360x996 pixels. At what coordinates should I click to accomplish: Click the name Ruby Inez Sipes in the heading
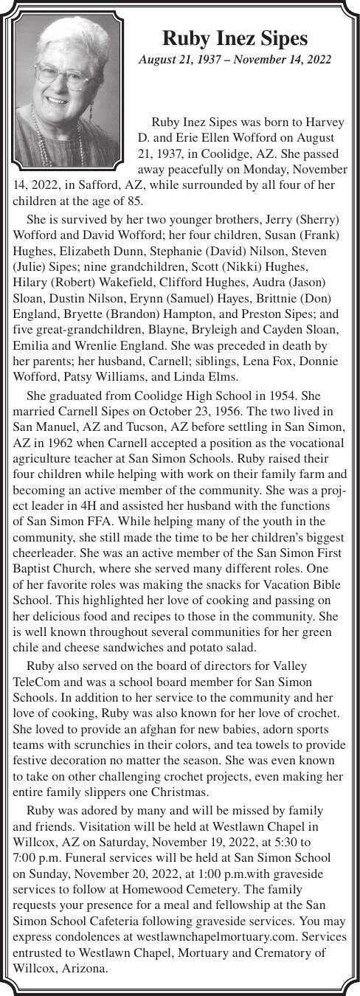(235, 38)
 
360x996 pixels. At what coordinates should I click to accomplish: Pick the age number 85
(135, 201)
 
